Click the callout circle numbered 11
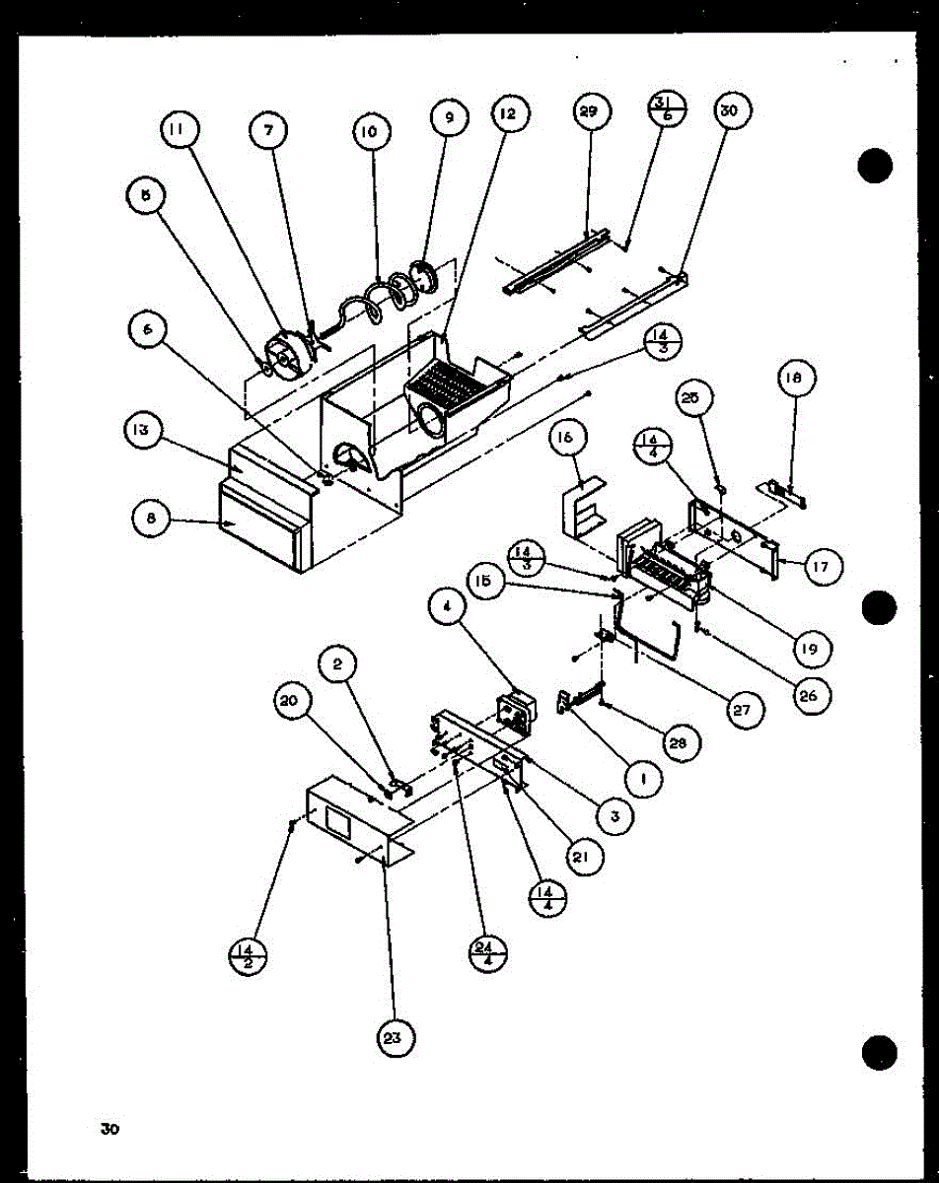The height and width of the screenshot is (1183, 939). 181,132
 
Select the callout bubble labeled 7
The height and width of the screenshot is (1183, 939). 267,132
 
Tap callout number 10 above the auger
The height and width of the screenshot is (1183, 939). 373,131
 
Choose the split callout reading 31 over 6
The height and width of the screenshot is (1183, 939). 662,111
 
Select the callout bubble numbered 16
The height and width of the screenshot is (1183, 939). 571,439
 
